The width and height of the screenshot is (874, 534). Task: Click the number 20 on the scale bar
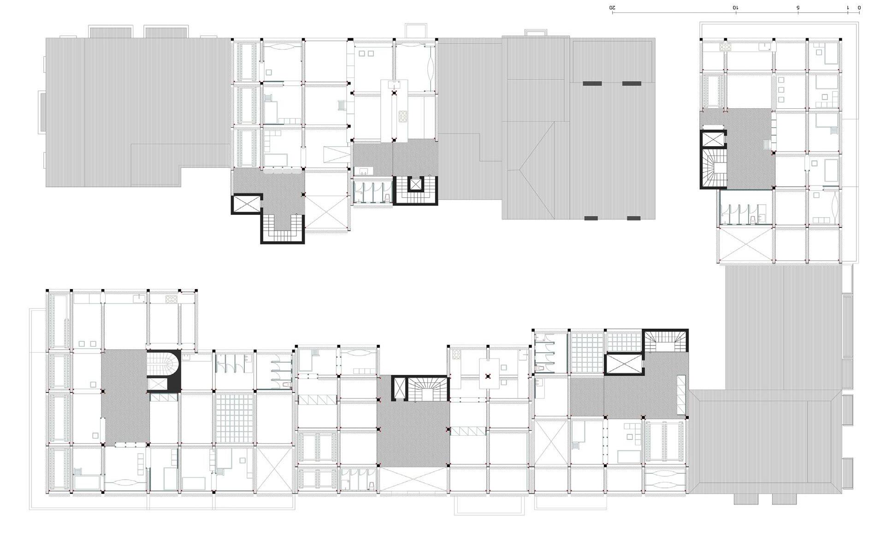(x=613, y=7)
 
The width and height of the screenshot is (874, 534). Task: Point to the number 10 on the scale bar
(x=736, y=7)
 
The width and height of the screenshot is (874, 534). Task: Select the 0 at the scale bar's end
(x=859, y=7)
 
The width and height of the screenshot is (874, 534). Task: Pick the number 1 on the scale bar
(x=847, y=7)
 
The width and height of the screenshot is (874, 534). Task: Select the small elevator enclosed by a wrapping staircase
(x=416, y=184)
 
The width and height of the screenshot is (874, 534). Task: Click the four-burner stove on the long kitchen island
(x=403, y=116)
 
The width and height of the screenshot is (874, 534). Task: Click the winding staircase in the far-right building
(x=714, y=168)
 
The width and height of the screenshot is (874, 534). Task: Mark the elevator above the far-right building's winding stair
(x=713, y=139)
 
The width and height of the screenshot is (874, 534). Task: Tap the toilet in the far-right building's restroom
(x=752, y=220)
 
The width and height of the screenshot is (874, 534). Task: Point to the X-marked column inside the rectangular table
(x=488, y=376)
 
